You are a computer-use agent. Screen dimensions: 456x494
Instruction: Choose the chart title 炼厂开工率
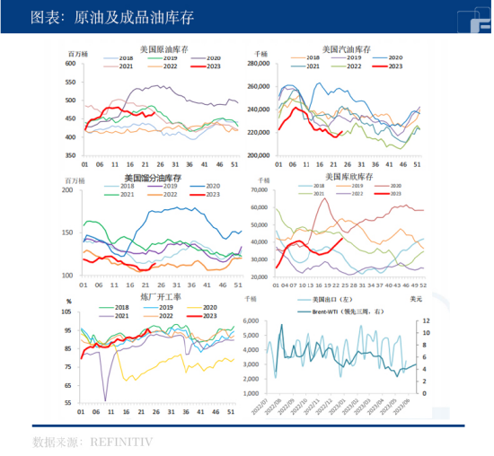coord(161,296)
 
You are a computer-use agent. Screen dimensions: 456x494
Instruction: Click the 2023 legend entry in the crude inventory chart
coord(209,66)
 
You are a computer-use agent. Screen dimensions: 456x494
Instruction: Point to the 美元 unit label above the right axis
coord(416,296)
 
